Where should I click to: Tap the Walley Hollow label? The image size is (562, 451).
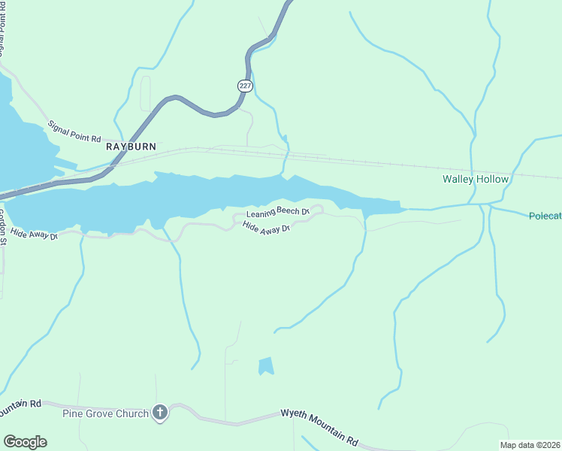pyautogui.click(x=475, y=180)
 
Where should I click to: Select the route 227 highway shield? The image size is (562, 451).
pyautogui.click(x=245, y=86)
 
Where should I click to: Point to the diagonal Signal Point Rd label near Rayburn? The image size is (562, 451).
pyautogui.click(x=74, y=132)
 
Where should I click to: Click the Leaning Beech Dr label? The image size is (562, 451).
pyautogui.click(x=278, y=213)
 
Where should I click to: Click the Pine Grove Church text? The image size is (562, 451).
pyautogui.click(x=105, y=412)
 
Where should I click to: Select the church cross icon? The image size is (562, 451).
pyautogui.click(x=159, y=412)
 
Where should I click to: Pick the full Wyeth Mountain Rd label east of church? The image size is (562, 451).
pyautogui.click(x=320, y=425)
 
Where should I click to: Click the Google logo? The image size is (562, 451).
pyautogui.click(x=25, y=442)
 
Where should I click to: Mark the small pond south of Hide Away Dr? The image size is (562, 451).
pyautogui.click(x=266, y=366)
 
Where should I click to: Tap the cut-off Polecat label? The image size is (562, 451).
pyautogui.click(x=545, y=216)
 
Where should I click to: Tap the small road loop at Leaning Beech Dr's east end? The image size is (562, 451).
pyautogui.click(x=319, y=208)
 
